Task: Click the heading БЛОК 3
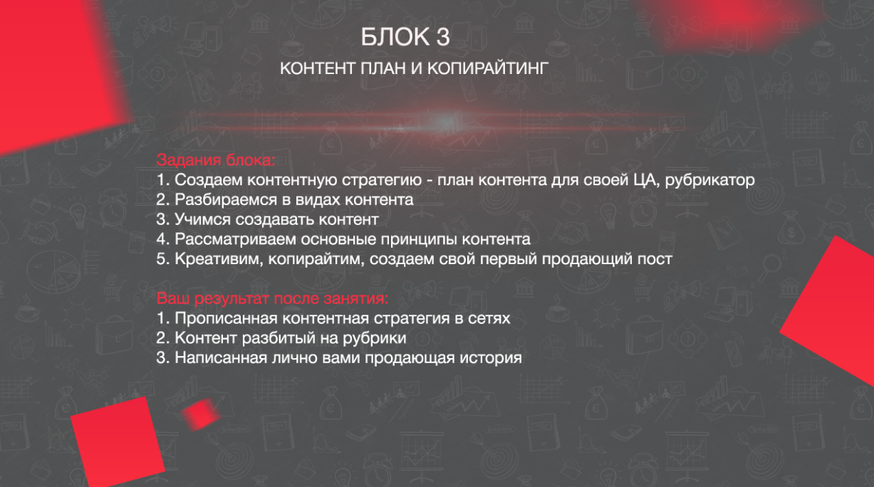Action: coord(405,37)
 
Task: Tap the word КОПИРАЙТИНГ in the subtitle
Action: coord(488,68)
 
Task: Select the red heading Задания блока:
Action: coord(216,160)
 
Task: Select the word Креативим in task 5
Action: coord(219,259)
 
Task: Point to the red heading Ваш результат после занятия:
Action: coord(273,298)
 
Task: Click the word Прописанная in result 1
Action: coord(226,318)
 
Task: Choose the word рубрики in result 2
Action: coord(374,338)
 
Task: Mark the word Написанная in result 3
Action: coord(220,358)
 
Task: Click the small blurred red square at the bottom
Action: coord(201,414)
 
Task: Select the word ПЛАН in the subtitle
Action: coord(383,68)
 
